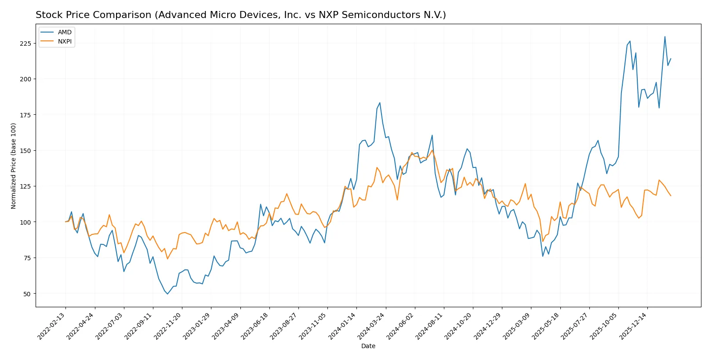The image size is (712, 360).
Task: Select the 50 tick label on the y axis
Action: tap(27, 294)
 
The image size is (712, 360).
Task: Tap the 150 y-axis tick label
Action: tap(25, 151)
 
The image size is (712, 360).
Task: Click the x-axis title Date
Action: tap(368, 346)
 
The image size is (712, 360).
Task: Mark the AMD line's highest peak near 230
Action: tap(665, 37)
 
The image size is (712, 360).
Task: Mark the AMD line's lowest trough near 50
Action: tap(167, 294)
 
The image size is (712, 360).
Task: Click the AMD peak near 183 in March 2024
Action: tap(380, 103)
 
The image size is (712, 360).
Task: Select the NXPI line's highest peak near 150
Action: tap(432, 150)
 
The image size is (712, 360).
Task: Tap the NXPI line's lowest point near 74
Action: tap(167, 258)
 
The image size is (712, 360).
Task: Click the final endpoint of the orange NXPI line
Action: tap(671, 196)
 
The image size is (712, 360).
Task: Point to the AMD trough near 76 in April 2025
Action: tap(543, 256)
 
